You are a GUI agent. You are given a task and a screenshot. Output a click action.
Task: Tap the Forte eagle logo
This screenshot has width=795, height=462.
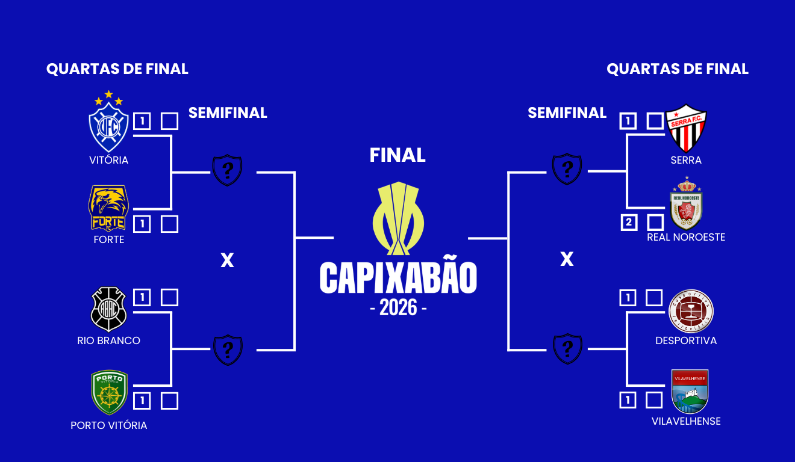109,208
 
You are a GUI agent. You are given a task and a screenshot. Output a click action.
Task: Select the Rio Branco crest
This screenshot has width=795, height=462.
108,309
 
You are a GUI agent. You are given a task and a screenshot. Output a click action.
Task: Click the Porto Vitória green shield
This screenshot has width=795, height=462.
109,392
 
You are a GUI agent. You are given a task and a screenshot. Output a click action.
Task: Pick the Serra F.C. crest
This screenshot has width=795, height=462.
686,128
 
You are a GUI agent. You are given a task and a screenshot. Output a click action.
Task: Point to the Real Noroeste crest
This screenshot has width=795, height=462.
686,205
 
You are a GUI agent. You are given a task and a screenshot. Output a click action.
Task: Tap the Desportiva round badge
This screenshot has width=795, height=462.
692,310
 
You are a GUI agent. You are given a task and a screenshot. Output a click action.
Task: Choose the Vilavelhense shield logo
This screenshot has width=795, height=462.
690,391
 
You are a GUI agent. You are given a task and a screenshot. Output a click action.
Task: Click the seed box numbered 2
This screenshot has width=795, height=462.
629,223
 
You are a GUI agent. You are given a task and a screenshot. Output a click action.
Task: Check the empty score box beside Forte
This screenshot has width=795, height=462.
170,224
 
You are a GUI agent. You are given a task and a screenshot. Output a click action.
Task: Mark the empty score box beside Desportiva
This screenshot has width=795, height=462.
655,298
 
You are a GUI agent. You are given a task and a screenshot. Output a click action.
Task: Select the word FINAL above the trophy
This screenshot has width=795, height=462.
397,155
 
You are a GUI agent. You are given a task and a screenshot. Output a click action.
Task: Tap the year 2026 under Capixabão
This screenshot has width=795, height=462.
398,307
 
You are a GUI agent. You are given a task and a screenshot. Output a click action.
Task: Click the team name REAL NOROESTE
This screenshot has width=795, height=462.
686,237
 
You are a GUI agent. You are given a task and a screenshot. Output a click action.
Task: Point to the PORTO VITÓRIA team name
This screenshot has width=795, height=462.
109,425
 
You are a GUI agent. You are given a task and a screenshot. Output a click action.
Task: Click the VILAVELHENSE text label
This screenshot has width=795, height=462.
686,421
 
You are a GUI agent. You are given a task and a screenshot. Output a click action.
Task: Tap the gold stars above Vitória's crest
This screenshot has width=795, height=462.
108,98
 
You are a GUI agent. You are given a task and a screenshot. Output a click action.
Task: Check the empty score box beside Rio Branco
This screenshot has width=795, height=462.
170,297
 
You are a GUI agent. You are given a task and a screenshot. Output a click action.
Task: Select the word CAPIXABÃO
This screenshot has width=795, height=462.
398,277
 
